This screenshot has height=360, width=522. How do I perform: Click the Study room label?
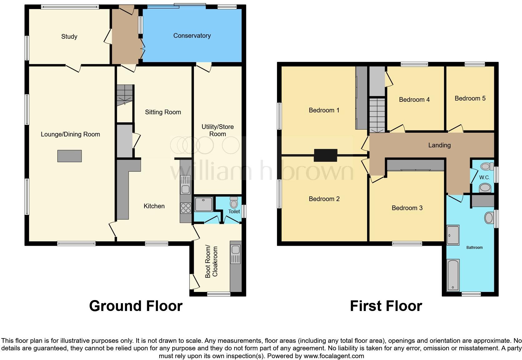click(69, 37)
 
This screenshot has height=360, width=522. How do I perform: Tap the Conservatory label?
click(192, 36)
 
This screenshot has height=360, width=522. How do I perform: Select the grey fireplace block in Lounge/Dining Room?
click(69, 156)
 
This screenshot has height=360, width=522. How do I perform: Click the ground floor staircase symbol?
click(125, 95)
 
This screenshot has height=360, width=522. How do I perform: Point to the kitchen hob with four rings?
click(185, 208)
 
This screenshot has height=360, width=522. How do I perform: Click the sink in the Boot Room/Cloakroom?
click(235, 250)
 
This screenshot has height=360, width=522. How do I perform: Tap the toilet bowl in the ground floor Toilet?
click(234, 203)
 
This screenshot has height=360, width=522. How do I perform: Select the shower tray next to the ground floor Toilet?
click(204, 205)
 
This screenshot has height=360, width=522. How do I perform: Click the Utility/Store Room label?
click(217, 130)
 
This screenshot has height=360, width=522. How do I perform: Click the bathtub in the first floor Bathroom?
click(453, 275)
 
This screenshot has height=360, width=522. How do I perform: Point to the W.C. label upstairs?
click(484, 177)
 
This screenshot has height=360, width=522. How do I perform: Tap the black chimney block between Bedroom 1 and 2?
click(325, 155)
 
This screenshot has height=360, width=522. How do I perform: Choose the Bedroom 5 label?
click(470, 98)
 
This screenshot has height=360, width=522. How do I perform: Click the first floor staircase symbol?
click(377, 115)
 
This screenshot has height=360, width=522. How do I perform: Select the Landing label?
click(439, 145)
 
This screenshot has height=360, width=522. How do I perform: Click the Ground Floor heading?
click(135, 306)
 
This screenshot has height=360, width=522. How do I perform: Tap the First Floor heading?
click(386, 306)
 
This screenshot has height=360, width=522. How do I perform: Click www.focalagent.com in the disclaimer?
click(334, 356)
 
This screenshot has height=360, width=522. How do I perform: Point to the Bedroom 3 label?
click(407, 208)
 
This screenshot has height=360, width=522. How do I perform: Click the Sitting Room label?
click(163, 112)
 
